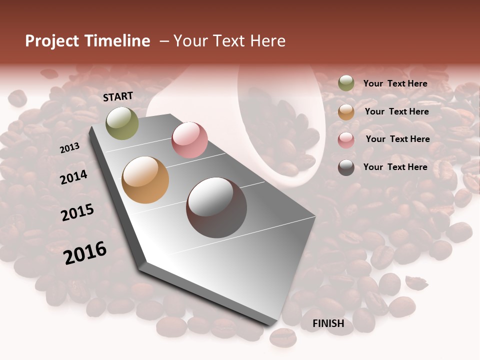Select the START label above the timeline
(118, 96)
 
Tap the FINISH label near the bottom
(328, 323)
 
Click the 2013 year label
(69, 148)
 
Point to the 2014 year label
(73, 177)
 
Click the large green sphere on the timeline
(122, 123)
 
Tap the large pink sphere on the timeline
(189, 139)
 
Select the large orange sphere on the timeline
(145, 180)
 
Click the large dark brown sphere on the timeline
(216, 207)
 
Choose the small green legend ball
(346, 83)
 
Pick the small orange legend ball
(346, 112)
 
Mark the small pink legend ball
(346, 140)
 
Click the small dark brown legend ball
(346, 167)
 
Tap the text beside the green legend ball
(395, 83)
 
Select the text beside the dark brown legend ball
(395, 167)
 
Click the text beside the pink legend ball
(397, 139)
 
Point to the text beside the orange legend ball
(396, 111)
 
